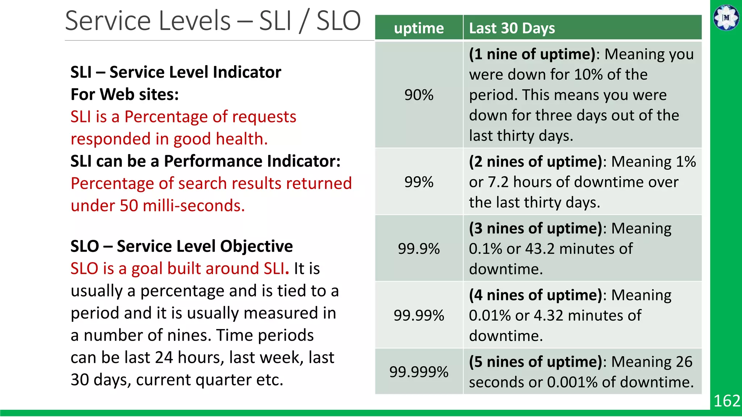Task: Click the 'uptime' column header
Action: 419,28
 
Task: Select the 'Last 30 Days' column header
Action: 512,28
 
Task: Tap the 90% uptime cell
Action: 419,95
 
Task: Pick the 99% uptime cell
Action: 419,182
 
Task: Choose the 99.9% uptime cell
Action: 419,249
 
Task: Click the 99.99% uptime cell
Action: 419,315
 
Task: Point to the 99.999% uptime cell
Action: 419,372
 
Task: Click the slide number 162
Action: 726,401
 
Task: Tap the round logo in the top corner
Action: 726,17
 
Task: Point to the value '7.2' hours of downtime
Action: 498,182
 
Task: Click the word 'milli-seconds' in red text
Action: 194,206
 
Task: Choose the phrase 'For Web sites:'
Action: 125,94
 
